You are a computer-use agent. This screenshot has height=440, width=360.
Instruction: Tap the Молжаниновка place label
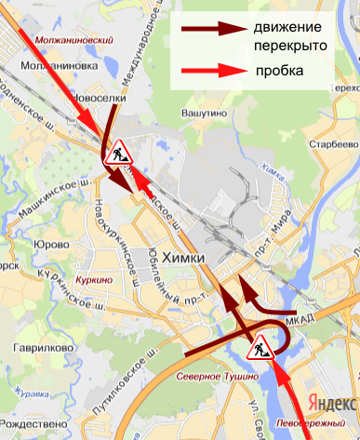[62, 67]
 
